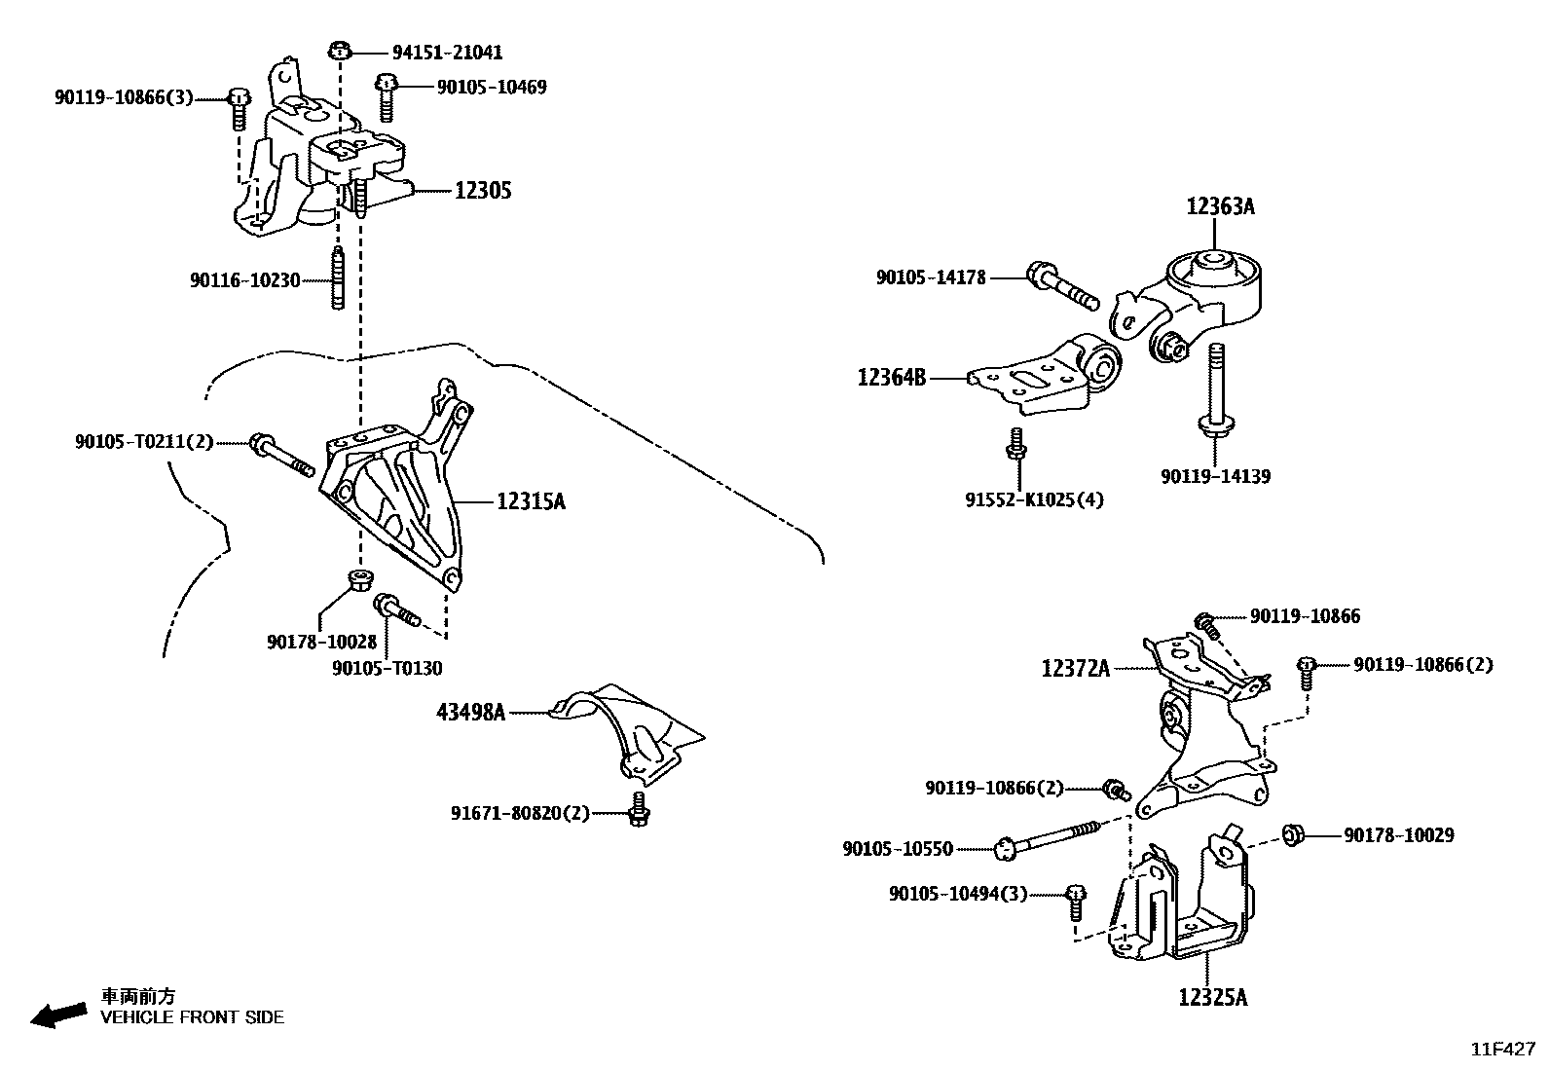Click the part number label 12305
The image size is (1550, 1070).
(x=483, y=191)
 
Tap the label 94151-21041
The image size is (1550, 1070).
(x=448, y=53)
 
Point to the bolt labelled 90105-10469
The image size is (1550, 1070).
(x=386, y=96)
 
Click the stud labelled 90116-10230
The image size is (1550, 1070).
(x=338, y=279)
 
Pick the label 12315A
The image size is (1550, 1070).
(x=531, y=501)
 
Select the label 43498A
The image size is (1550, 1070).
(x=471, y=713)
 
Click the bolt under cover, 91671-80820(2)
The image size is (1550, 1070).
(x=638, y=809)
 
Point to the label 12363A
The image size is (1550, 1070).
(x=1220, y=206)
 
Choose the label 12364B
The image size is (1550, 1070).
(x=892, y=377)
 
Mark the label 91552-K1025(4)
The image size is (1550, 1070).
(x=1035, y=500)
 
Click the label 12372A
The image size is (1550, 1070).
(x=1076, y=668)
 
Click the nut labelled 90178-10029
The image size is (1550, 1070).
(x=1293, y=834)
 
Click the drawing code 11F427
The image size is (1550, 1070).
(x=1502, y=1050)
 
